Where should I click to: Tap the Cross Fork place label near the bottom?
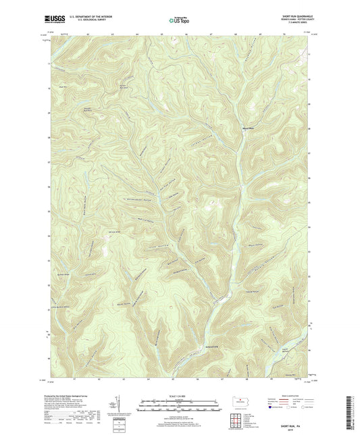[192, 351]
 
